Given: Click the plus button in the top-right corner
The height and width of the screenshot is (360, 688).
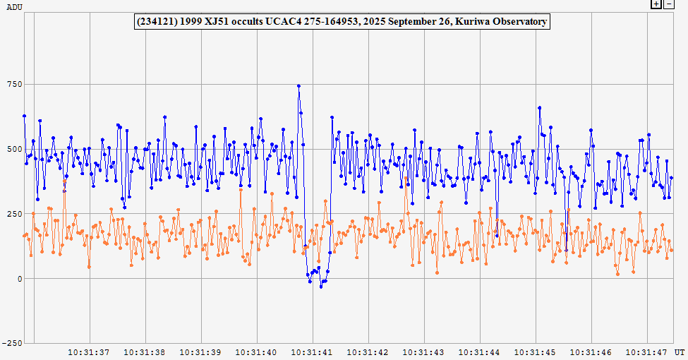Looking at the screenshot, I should click(x=656, y=4).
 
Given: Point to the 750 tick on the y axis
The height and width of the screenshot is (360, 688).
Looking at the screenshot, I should click(x=14, y=84).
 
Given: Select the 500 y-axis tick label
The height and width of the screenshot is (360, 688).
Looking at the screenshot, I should click(x=14, y=149).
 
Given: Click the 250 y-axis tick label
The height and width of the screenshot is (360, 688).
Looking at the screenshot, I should click(x=14, y=214).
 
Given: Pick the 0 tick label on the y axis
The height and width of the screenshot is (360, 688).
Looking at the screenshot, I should click(x=20, y=279).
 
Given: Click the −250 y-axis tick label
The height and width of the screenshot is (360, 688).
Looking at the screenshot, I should click(x=12, y=343).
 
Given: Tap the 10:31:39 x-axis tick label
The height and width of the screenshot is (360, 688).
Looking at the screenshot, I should click(x=200, y=352).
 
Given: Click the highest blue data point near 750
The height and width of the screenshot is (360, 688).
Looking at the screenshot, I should click(x=298, y=86).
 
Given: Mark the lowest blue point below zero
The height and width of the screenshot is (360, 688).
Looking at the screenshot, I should click(x=321, y=287).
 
